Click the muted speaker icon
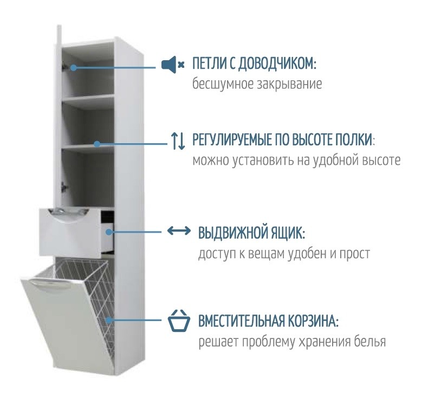pyautogui.click(x=173, y=65)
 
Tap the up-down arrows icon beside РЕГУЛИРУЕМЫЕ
pyautogui.click(x=178, y=141)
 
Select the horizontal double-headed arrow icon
pyautogui.click(x=179, y=231)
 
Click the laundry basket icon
pyautogui.click(x=179, y=321)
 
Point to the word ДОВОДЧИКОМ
pyautogui.click(x=277, y=64)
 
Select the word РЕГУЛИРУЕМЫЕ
pyautogui.click(x=231, y=140)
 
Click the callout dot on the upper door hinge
pyautogui.click(x=74, y=67)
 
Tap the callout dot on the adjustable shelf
pyautogui.click(x=97, y=144)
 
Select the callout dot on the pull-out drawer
pyautogui.click(x=109, y=232)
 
